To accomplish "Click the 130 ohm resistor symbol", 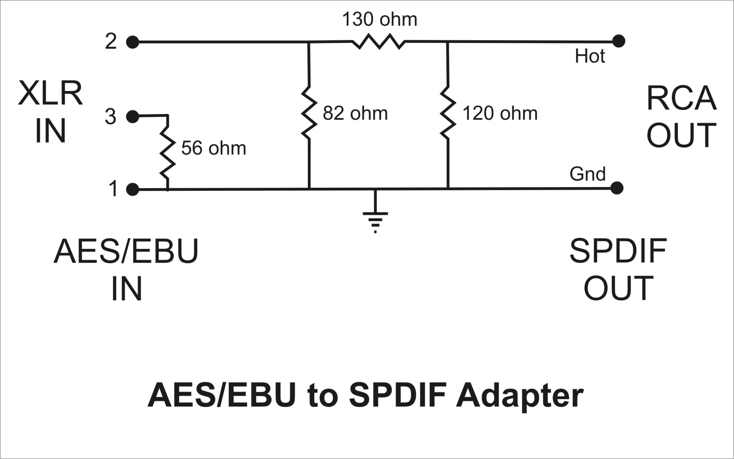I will pyautogui.click(x=378, y=42).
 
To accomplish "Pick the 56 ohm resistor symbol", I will pyautogui.click(x=167, y=152).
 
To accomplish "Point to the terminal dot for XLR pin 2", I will pyautogui.click(x=132, y=42).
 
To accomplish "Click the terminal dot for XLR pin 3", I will pyautogui.click(x=132, y=117).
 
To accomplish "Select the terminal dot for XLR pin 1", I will pyautogui.click(x=132, y=189).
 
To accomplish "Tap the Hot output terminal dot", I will pyautogui.click(x=618, y=41).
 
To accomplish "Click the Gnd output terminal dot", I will pyautogui.click(x=617, y=188).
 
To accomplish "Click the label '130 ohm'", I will pyautogui.click(x=380, y=20).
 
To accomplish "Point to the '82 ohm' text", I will pyautogui.click(x=355, y=113).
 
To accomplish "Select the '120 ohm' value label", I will pyautogui.click(x=500, y=113).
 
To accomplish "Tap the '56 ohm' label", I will pyautogui.click(x=214, y=148).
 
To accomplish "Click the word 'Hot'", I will pyautogui.click(x=590, y=56).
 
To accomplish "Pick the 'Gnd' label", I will pyautogui.click(x=588, y=174).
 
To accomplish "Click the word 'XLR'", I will pyautogui.click(x=50, y=93).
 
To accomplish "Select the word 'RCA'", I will pyautogui.click(x=681, y=99).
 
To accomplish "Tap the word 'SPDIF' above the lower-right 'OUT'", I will pyautogui.click(x=618, y=252).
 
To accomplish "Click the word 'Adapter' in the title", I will pyautogui.click(x=519, y=396).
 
